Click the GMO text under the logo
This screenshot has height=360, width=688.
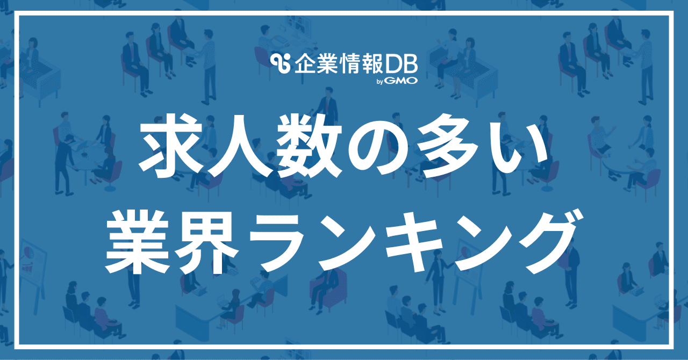[x=400, y=81]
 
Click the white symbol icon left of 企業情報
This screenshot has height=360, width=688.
[x=281, y=64]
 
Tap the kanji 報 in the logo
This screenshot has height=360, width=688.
[x=374, y=64]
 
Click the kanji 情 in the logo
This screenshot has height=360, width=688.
[x=350, y=64]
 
